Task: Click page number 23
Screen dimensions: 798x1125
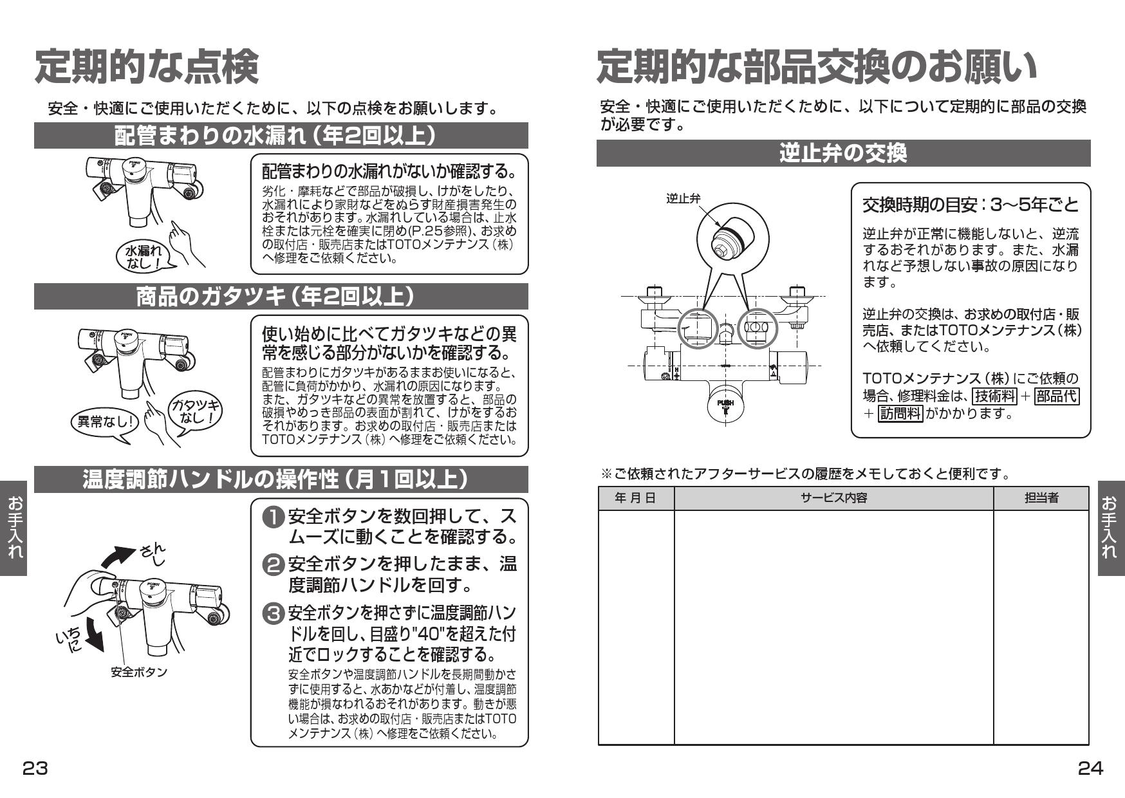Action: tap(35, 768)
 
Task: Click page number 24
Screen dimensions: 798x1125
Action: tap(1090, 768)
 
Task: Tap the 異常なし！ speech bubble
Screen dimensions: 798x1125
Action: tap(104, 422)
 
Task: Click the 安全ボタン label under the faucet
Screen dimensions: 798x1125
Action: tap(138, 672)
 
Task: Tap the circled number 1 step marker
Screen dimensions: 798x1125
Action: tap(274, 517)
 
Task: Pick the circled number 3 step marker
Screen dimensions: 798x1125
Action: tap(274, 612)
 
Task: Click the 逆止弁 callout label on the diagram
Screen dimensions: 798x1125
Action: tap(682, 198)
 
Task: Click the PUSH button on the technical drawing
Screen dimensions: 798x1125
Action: tap(725, 405)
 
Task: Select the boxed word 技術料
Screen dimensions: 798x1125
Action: tap(994, 396)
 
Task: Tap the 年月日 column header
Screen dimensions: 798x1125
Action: tap(635, 497)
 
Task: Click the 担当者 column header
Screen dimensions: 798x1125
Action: tap(1041, 497)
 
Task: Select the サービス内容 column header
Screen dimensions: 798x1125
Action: tap(833, 497)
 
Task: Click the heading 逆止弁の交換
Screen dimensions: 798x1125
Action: tap(842, 153)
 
